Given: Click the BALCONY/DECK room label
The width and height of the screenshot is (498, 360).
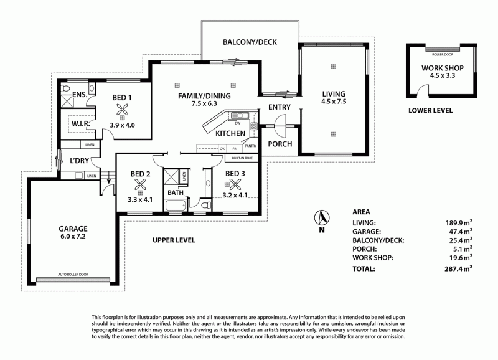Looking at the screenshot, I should tap(249, 42).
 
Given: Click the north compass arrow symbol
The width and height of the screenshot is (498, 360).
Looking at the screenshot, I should tap(322, 218).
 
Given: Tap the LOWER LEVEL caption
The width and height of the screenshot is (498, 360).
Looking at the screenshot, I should tap(430, 111).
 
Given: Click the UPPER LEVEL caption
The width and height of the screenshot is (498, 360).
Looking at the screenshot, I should tap(174, 240).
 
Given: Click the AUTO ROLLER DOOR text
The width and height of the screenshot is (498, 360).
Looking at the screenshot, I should tap(73, 274).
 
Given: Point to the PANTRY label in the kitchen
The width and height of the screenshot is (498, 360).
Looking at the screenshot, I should tap(251, 146).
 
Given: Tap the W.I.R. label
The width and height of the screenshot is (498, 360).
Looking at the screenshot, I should tap(82, 124).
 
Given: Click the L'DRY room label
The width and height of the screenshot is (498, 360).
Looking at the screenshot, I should tap(80, 160).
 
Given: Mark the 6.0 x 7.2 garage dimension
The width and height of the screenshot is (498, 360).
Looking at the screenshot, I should tap(73, 237).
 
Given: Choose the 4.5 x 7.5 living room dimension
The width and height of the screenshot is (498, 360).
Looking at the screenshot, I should tap(333, 101).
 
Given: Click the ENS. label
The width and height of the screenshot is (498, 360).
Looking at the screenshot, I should tap(79, 95).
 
